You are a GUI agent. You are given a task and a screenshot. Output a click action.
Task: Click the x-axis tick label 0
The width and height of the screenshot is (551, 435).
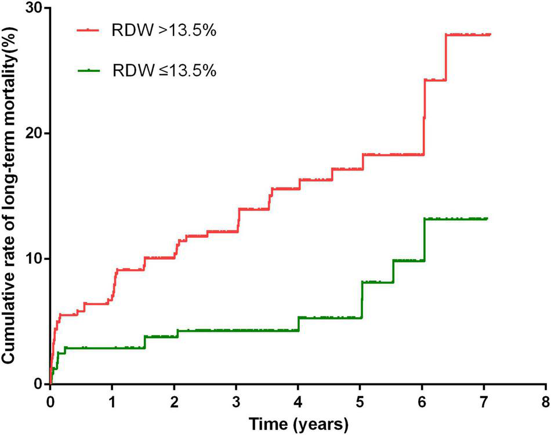point(50,403)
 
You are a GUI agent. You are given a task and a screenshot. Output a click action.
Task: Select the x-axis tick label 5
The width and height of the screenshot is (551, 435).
point(360,403)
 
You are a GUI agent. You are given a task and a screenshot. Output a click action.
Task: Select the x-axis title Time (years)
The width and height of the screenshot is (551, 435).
point(299,424)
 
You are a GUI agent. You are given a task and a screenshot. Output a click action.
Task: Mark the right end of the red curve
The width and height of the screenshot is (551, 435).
point(490,34)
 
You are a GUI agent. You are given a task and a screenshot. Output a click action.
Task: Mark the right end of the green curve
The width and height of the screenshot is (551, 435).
point(487,219)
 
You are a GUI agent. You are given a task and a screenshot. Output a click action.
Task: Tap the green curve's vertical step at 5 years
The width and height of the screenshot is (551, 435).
point(362,300)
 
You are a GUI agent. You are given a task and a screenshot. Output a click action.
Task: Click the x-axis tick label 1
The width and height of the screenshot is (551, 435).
point(112,403)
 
